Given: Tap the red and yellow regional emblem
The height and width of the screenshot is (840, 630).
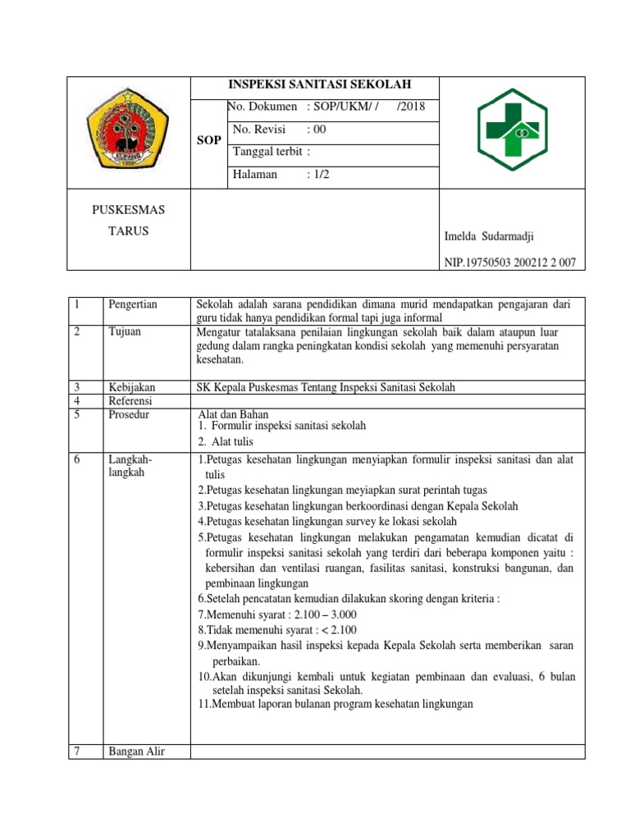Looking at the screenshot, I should click(128, 131).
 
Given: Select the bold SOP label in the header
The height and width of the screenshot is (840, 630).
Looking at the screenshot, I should click(209, 140).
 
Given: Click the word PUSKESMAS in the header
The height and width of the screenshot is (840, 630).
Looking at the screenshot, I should click(128, 210).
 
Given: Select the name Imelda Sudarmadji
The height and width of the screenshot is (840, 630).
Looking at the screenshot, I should click(488, 236).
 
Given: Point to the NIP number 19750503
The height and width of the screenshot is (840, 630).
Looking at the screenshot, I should click(509, 262).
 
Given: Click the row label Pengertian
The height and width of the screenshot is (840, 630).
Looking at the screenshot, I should click(132, 304).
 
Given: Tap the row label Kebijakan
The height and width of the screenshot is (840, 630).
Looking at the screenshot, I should click(132, 387).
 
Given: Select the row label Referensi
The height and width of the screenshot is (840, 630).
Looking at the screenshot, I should click(131, 400).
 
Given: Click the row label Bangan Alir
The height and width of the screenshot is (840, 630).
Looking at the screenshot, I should click(136, 751).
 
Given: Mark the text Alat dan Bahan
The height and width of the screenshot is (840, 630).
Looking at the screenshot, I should click(234, 414).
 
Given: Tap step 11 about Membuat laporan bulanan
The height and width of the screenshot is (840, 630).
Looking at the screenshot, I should click(336, 703).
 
